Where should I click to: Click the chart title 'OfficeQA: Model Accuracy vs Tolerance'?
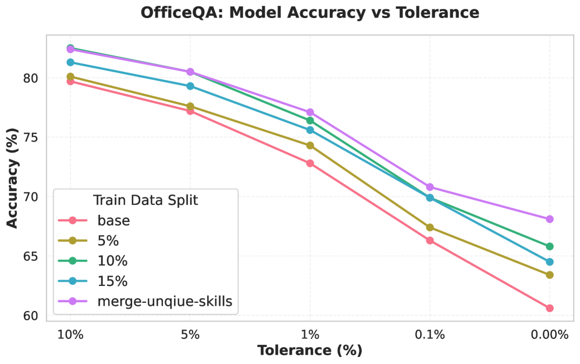tap(309, 13)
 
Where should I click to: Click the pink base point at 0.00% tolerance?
tap(549, 308)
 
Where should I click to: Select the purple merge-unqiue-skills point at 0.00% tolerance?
tap(549, 219)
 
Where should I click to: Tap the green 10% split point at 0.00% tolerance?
tap(549, 246)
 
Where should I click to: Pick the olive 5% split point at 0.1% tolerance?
tap(430, 228)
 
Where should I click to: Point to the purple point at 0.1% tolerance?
tap(430, 187)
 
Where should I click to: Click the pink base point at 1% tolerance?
tap(310, 163)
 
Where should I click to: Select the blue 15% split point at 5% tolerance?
tap(190, 86)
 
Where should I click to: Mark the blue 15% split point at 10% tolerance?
tap(70, 62)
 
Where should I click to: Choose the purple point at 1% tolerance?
tap(310, 112)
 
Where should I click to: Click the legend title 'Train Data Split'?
tap(145, 200)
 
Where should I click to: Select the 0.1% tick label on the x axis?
tap(430, 334)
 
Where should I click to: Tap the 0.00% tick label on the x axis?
tap(549, 334)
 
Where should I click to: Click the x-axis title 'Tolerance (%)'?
tap(309, 350)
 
